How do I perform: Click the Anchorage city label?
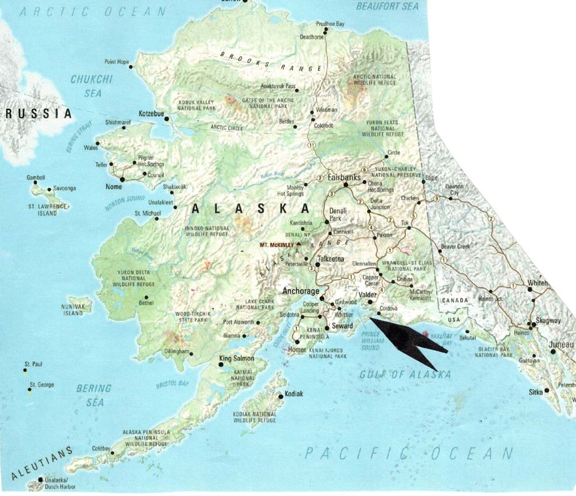[x=300, y=291]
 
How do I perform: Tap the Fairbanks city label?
[x=344, y=178]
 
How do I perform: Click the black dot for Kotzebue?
[x=167, y=119]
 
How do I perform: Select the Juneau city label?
[x=562, y=344]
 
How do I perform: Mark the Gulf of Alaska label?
[x=397, y=375]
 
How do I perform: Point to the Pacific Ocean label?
[x=408, y=453]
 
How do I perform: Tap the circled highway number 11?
[x=312, y=143]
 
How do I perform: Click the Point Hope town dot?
[x=131, y=67]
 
